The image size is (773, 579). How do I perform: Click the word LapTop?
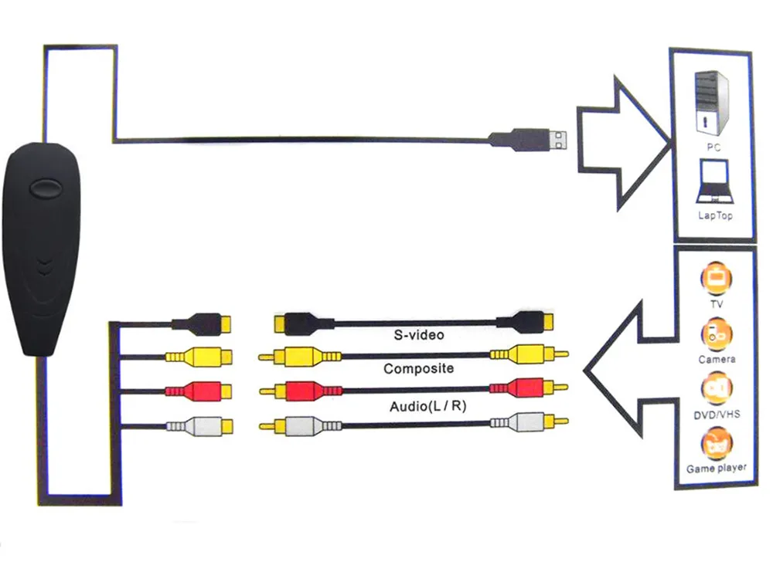(714, 216)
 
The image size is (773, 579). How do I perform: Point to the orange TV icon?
(716, 279)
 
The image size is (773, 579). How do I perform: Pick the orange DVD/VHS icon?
(716, 389)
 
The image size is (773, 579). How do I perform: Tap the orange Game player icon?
(716, 445)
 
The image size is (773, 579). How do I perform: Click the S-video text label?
(418, 335)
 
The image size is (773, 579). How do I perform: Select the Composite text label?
(418, 369)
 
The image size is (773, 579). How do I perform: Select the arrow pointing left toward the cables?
(626, 371)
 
